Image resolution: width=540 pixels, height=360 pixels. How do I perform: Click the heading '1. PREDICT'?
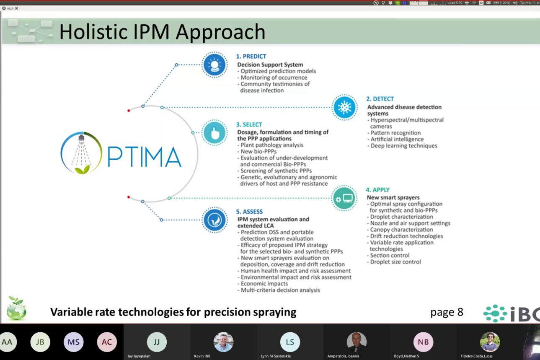click(x=251, y=56)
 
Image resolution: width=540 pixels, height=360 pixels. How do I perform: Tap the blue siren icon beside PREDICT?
click(x=214, y=65)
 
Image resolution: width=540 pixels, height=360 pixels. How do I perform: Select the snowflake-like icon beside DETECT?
click(x=344, y=107)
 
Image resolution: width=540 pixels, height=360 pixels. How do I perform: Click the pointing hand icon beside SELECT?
click(x=215, y=133)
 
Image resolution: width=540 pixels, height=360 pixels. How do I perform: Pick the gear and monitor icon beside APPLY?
click(x=344, y=198)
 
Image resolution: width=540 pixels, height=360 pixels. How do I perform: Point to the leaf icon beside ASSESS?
click(x=215, y=220)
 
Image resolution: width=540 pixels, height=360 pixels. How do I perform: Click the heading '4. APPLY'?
click(x=377, y=190)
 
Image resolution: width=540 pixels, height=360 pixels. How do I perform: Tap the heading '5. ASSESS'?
click(x=249, y=212)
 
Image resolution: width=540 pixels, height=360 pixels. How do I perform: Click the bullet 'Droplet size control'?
click(x=395, y=262)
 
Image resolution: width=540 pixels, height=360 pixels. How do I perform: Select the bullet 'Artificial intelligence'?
click(x=397, y=139)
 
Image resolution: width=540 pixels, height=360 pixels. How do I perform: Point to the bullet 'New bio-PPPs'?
click(x=258, y=151)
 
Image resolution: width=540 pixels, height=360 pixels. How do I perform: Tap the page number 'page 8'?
click(x=447, y=312)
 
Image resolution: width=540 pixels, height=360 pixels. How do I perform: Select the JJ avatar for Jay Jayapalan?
click(x=157, y=342)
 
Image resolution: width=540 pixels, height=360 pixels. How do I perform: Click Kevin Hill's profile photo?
click(x=223, y=342)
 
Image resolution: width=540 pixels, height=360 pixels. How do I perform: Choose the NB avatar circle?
click(x=423, y=342)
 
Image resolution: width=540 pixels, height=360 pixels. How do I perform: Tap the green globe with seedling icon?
click(x=16, y=309)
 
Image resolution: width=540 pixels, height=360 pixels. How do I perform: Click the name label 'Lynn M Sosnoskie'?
click(x=275, y=356)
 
